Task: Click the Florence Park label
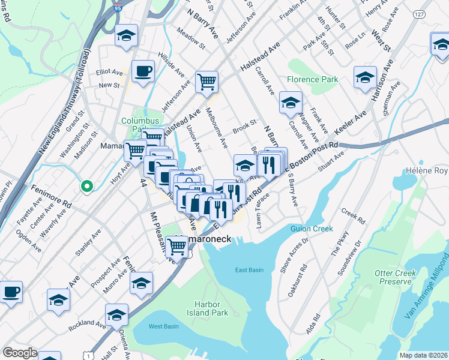(x=312, y=79)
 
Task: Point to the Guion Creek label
(x=312, y=229)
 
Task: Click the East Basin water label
(x=249, y=270)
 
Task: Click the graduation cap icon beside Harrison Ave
(x=365, y=78)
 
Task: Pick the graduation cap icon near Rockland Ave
(x=116, y=314)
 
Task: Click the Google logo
(x=19, y=353)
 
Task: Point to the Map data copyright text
(x=424, y=355)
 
